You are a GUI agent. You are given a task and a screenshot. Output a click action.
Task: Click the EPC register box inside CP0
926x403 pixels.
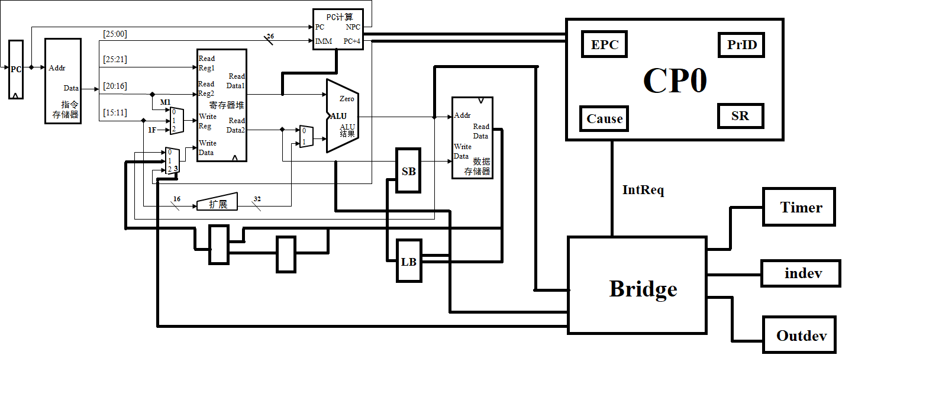604,44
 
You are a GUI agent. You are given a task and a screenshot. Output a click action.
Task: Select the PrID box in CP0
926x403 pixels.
741,45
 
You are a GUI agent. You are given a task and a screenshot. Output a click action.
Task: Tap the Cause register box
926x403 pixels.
604,118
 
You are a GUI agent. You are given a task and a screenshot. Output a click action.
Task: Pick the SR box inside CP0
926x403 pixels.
740,116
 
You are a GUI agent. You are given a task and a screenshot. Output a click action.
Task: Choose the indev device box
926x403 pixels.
801,274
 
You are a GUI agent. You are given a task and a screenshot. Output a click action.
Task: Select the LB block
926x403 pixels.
409,261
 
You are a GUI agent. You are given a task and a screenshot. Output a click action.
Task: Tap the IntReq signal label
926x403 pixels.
643,190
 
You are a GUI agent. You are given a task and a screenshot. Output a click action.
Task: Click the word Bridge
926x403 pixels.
643,289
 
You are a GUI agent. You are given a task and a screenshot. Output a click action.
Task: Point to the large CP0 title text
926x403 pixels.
675,80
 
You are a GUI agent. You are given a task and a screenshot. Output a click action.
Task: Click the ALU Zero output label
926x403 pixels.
347,99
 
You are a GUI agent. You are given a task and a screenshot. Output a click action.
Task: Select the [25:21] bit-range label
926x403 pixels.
115,59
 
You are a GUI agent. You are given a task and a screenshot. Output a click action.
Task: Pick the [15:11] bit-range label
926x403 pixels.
115,112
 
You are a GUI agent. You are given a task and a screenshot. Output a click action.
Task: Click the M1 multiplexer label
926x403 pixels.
165,102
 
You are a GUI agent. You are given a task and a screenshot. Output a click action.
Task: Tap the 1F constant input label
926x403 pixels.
152,129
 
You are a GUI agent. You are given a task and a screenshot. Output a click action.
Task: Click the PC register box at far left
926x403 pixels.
16,69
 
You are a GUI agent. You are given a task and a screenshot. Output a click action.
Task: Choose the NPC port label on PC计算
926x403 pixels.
353,27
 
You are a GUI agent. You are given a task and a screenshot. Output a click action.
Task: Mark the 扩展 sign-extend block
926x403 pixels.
217,203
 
